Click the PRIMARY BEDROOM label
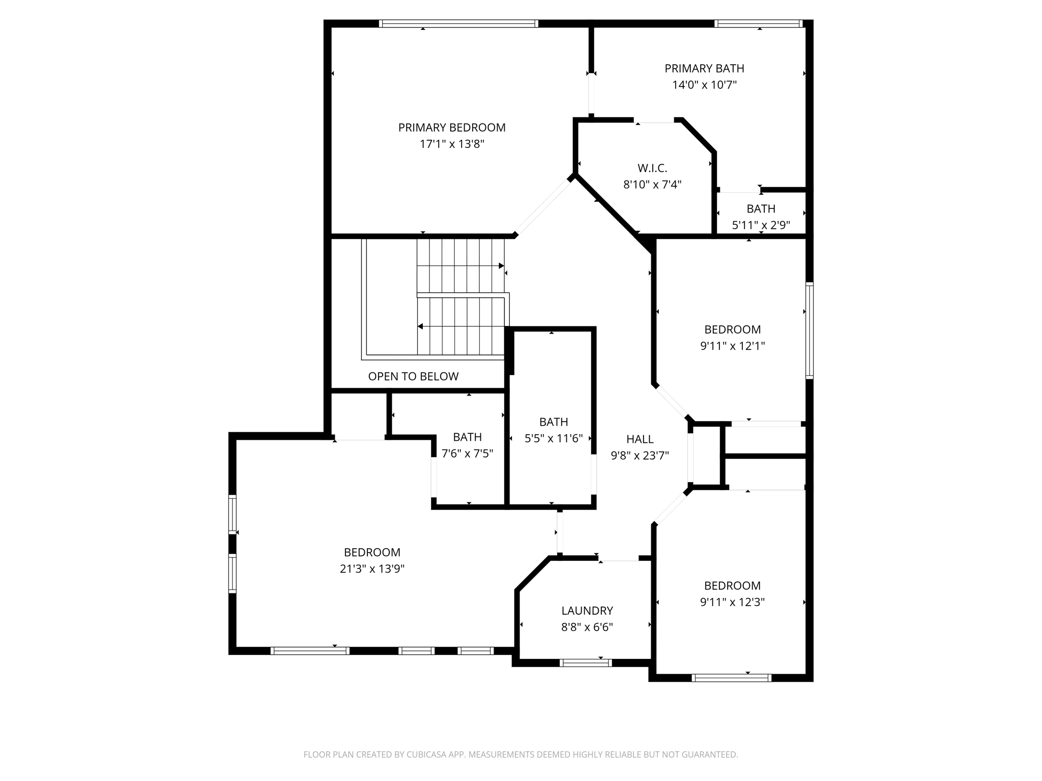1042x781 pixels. (452, 128)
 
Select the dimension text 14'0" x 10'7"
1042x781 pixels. (704, 85)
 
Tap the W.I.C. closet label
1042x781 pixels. (652, 168)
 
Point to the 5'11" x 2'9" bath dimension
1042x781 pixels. (761, 225)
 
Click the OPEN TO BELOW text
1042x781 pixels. (413, 376)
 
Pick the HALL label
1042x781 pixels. (640, 439)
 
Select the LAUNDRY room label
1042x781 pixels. (587, 611)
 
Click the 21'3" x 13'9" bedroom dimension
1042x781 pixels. (372, 569)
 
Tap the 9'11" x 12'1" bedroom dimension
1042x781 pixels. (732, 346)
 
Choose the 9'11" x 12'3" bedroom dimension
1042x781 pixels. (732, 602)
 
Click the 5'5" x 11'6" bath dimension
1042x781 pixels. (554, 438)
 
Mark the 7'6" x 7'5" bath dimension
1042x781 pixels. (467, 454)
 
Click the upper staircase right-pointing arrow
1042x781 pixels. (501, 266)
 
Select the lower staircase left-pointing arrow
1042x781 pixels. (421, 326)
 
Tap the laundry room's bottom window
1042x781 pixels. (585, 663)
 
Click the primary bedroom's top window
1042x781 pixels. (458, 23)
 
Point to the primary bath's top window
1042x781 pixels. (758, 23)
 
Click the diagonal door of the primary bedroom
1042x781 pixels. (542, 205)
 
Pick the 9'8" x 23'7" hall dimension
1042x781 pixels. (640, 456)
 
